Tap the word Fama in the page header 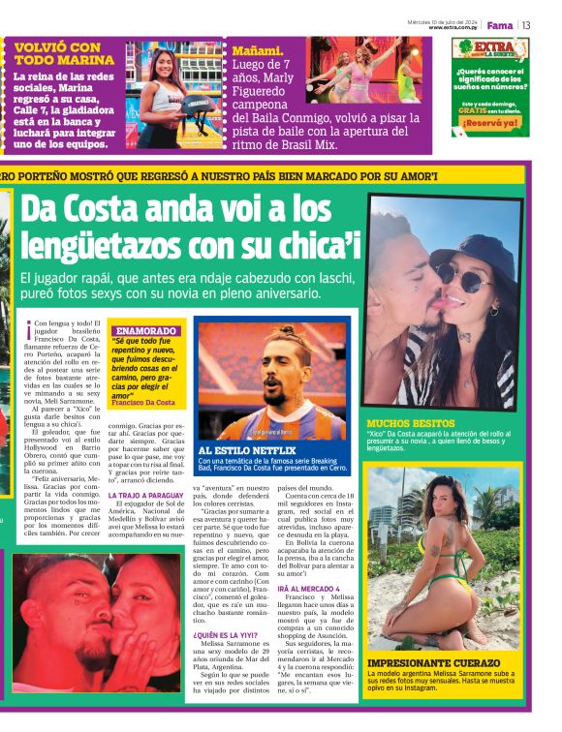500,25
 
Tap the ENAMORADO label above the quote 145,330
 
